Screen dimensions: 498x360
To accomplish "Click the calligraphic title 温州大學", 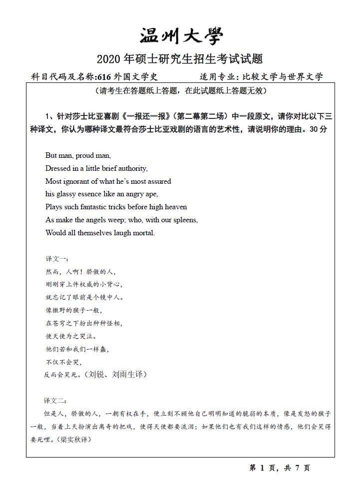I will [180, 36].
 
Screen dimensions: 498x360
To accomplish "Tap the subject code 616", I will [104, 77].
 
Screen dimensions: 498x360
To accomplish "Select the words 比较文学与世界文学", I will [283, 77].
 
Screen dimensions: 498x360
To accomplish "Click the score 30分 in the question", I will [318, 129].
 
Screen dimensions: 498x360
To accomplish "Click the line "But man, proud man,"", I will [78, 155].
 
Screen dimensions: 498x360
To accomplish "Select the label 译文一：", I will [57, 259].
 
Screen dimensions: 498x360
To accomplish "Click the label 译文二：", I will [55, 401].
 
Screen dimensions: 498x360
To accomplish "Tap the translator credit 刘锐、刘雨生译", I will [115, 374].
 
